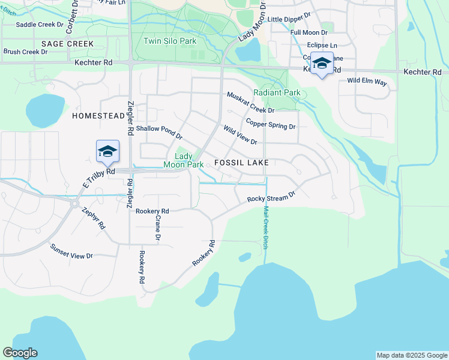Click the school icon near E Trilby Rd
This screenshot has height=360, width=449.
point(107,151)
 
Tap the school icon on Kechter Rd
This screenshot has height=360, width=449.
point(322,63)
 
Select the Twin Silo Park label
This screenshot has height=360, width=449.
point(170,41)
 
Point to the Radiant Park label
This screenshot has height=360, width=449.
point(277,92)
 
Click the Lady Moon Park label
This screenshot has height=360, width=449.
point(185,160)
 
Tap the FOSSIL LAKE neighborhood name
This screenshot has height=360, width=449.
point(241,163)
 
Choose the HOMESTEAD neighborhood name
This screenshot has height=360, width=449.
point(96,115)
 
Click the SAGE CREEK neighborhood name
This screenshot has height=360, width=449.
point(68,44)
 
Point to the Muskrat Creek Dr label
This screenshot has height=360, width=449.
point(250,103)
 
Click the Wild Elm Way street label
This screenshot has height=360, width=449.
point(367,81)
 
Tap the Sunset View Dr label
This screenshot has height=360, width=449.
point(71,251)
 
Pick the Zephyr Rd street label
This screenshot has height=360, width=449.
point(94,218)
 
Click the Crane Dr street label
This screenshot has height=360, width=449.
point(158,229)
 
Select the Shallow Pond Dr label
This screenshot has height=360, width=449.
point(159,133)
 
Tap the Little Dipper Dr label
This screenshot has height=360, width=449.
point(289,19)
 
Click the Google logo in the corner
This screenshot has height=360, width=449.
point(20,353)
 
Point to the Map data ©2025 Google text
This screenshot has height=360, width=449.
point(412,355)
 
